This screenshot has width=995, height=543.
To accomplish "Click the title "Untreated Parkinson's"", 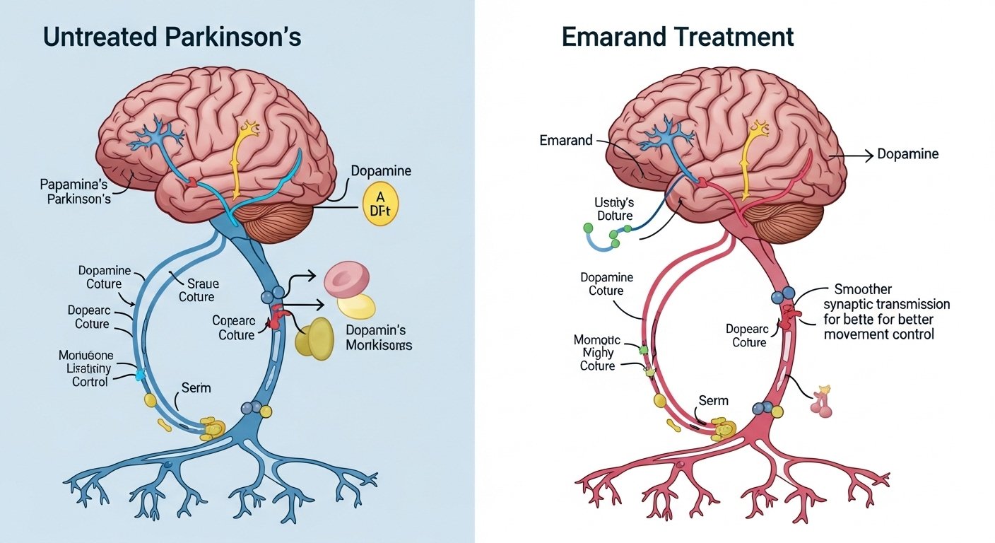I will click(174, 37).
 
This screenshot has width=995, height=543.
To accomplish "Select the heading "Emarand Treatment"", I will click(678, 37).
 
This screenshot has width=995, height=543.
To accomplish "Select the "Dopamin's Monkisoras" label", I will click(379, 337).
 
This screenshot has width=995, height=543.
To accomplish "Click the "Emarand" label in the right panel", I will click(565, 140).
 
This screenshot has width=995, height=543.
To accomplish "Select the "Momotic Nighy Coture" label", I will click(597, 353).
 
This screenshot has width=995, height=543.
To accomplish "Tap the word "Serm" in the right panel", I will click(713, 400).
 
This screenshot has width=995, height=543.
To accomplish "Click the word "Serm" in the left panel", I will click(196, 388).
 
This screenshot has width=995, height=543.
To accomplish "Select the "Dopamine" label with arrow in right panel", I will click(907, 153).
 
